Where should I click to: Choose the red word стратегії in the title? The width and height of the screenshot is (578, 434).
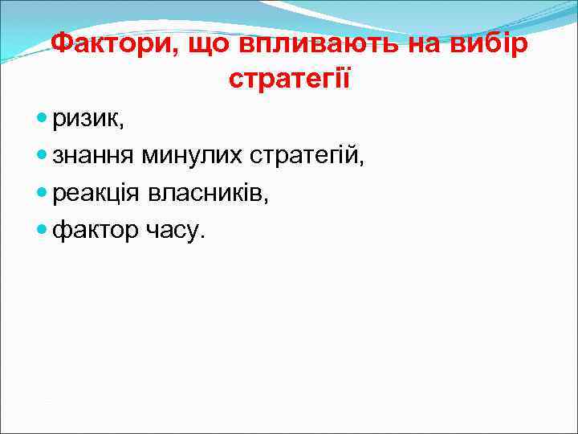coord(289,80)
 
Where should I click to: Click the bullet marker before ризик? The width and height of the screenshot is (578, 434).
coord(43,120)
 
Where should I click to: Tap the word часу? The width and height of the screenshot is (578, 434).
coord(172,231)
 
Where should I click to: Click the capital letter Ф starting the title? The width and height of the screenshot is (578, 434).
coord(62,43)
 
